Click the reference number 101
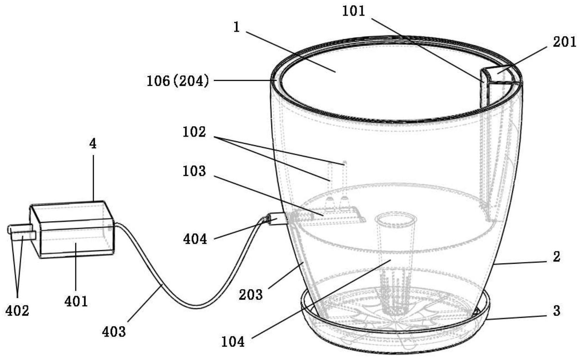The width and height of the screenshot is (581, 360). (x=353, y=11)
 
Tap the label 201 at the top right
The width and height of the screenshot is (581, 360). (x=564, y=42)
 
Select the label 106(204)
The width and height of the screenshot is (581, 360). (x=178, y=81)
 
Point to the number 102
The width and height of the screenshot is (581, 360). (x=194, y=132)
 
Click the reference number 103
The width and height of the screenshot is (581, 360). (x=194, y=171)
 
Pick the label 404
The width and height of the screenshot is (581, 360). (x=195, y=239)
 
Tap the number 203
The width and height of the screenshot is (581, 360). (x=251, y=294)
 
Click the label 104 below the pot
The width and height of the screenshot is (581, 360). (x=233, y=342)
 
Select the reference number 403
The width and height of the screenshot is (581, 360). (x=113, y=331)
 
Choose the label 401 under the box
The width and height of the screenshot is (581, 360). (x=76, y=301)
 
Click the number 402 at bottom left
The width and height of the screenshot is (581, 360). (x=17, y=311)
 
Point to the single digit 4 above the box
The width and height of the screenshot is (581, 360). (x=93, y=143)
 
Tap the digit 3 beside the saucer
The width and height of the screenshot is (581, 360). (x=557, y=311)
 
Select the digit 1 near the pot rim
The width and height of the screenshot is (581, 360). (x=236, y=27)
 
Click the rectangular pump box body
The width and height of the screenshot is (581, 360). (x=72, y=230)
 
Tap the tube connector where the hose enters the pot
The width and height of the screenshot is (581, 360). (x=278, y=219)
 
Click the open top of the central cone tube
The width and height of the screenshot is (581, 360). (x=396, y=219)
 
